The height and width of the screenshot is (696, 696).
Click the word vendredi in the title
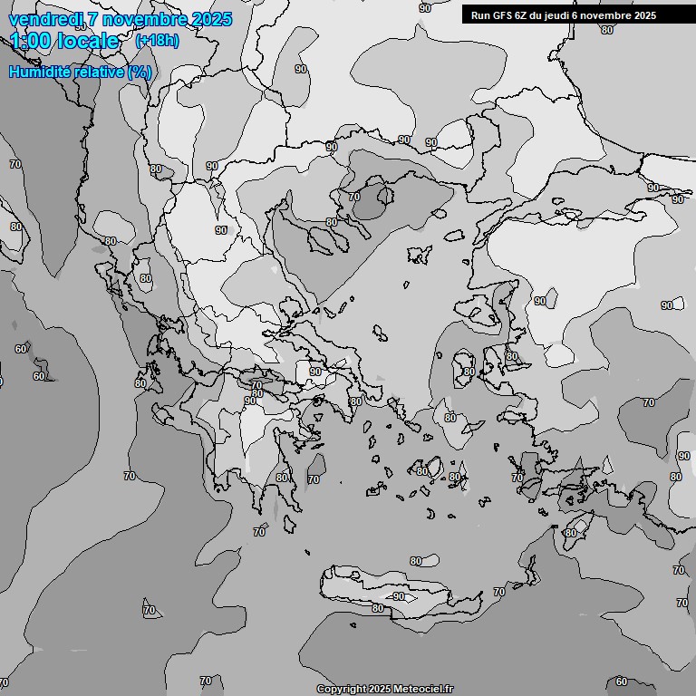pyautogui.click(x=43, y=19)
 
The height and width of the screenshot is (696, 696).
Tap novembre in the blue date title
pyautogui.click(x=140, y=19)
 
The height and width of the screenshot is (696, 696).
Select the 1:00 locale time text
pyautogui.click(x=64, y=41)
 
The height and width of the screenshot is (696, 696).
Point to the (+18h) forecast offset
pyautogui.click(x=157, y=41)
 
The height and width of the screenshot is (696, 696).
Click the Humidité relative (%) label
pyautogui.click(x=81, y=72)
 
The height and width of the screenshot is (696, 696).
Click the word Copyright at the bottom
pyautogui.click(x=341, y=690)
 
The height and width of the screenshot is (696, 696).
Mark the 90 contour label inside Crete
pyautogui.click(x=399, y=597)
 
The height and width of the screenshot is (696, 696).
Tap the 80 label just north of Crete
pyautogui.click(x=415, y=561)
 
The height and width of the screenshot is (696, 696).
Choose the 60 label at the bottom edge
pyautogui.click(x=621, y=681)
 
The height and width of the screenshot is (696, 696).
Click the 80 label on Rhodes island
pyautogui.click(x=570, y=533)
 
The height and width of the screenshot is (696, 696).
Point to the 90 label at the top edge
pyautogui.click(x=425, y=7)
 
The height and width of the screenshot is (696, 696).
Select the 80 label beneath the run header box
pyautogui.click(x=606, y=30)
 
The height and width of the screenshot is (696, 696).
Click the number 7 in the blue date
pyautogui.click(x=92, y=19)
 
